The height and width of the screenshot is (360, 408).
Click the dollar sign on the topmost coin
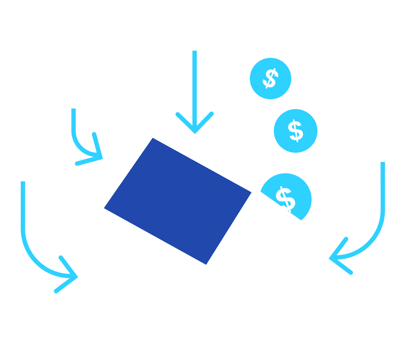[270, 79]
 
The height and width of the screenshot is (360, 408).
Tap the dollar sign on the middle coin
[296, 131]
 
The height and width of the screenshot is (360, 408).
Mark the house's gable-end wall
[255, 276]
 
